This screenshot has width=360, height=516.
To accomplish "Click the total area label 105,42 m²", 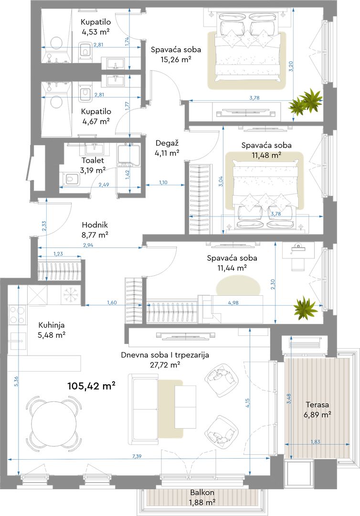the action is tap(91, 386).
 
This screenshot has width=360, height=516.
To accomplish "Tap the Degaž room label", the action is tap(167, 143).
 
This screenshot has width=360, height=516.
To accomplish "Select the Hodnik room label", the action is tap(95, 225).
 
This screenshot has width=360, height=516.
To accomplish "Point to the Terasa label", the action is tap(317, 405).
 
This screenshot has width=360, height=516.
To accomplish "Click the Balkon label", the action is tap(202, 492).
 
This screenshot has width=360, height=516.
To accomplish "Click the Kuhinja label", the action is tap(52, 325).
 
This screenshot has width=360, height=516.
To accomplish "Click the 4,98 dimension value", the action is tap(233, 303).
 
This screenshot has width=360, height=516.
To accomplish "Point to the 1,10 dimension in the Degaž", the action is tap(163, 183).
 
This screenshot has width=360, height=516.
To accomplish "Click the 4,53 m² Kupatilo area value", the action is tap(95, 32).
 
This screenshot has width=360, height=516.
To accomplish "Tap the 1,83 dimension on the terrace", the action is tap(315, 441).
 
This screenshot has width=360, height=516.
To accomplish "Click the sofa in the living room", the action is tap(145, 408).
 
